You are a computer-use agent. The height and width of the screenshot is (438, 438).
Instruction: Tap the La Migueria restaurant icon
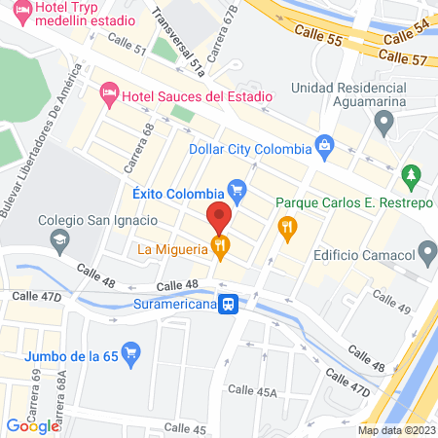(222, 248)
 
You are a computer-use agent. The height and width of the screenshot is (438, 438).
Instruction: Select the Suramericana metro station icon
(229, 305)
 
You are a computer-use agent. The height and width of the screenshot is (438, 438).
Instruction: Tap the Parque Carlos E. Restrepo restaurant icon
(287, 230)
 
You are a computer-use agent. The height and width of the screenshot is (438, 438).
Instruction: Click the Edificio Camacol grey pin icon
(426, 255)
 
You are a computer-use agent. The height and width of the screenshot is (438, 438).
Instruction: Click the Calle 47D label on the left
(35, 294)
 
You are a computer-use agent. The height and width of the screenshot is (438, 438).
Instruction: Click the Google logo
(33, 424)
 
